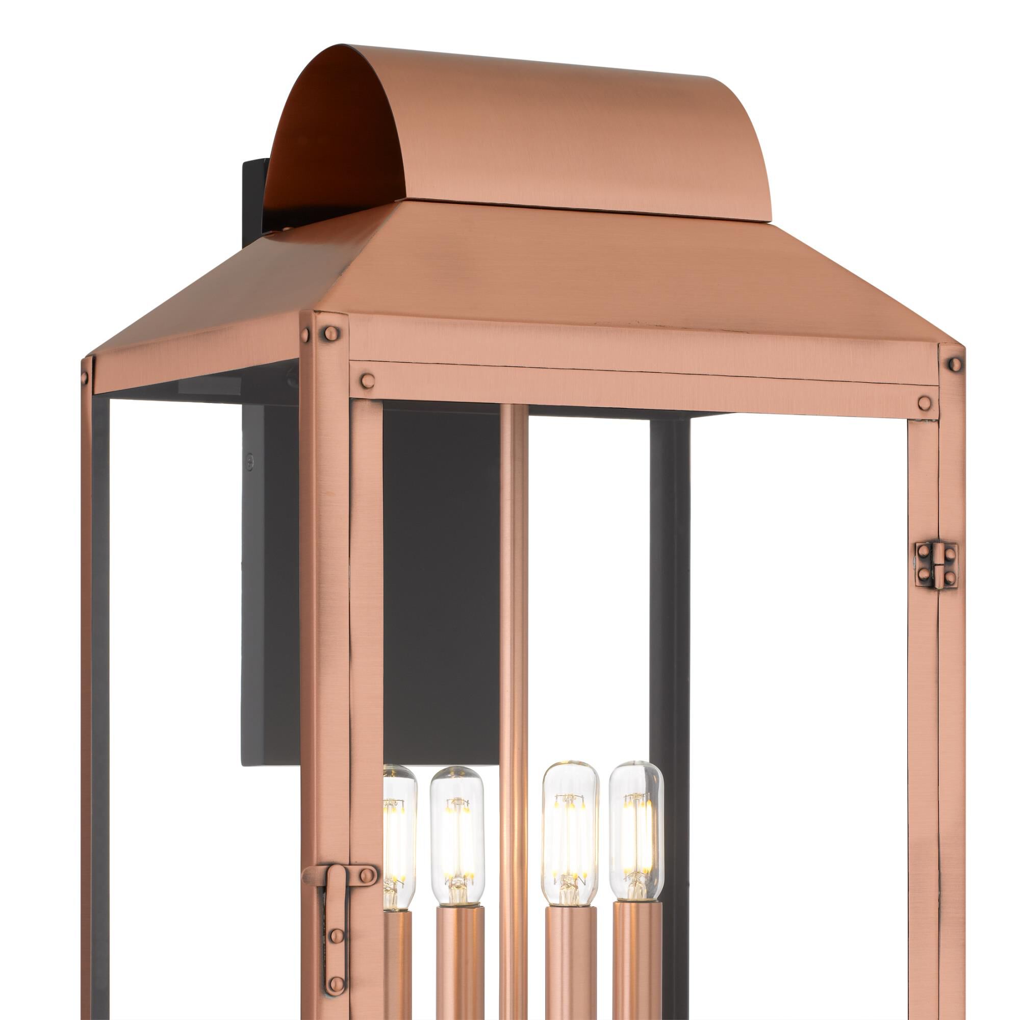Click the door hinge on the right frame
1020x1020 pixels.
click(x=936, y=566)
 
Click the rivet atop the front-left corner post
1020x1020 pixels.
click(x=331, y=333)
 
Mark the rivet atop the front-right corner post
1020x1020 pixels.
click(x=955, y=364)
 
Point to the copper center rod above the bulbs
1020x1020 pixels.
click(x=513, y=581)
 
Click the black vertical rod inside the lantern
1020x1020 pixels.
click(x=670, y=581)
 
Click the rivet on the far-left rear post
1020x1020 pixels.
click(x=85, y=377)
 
